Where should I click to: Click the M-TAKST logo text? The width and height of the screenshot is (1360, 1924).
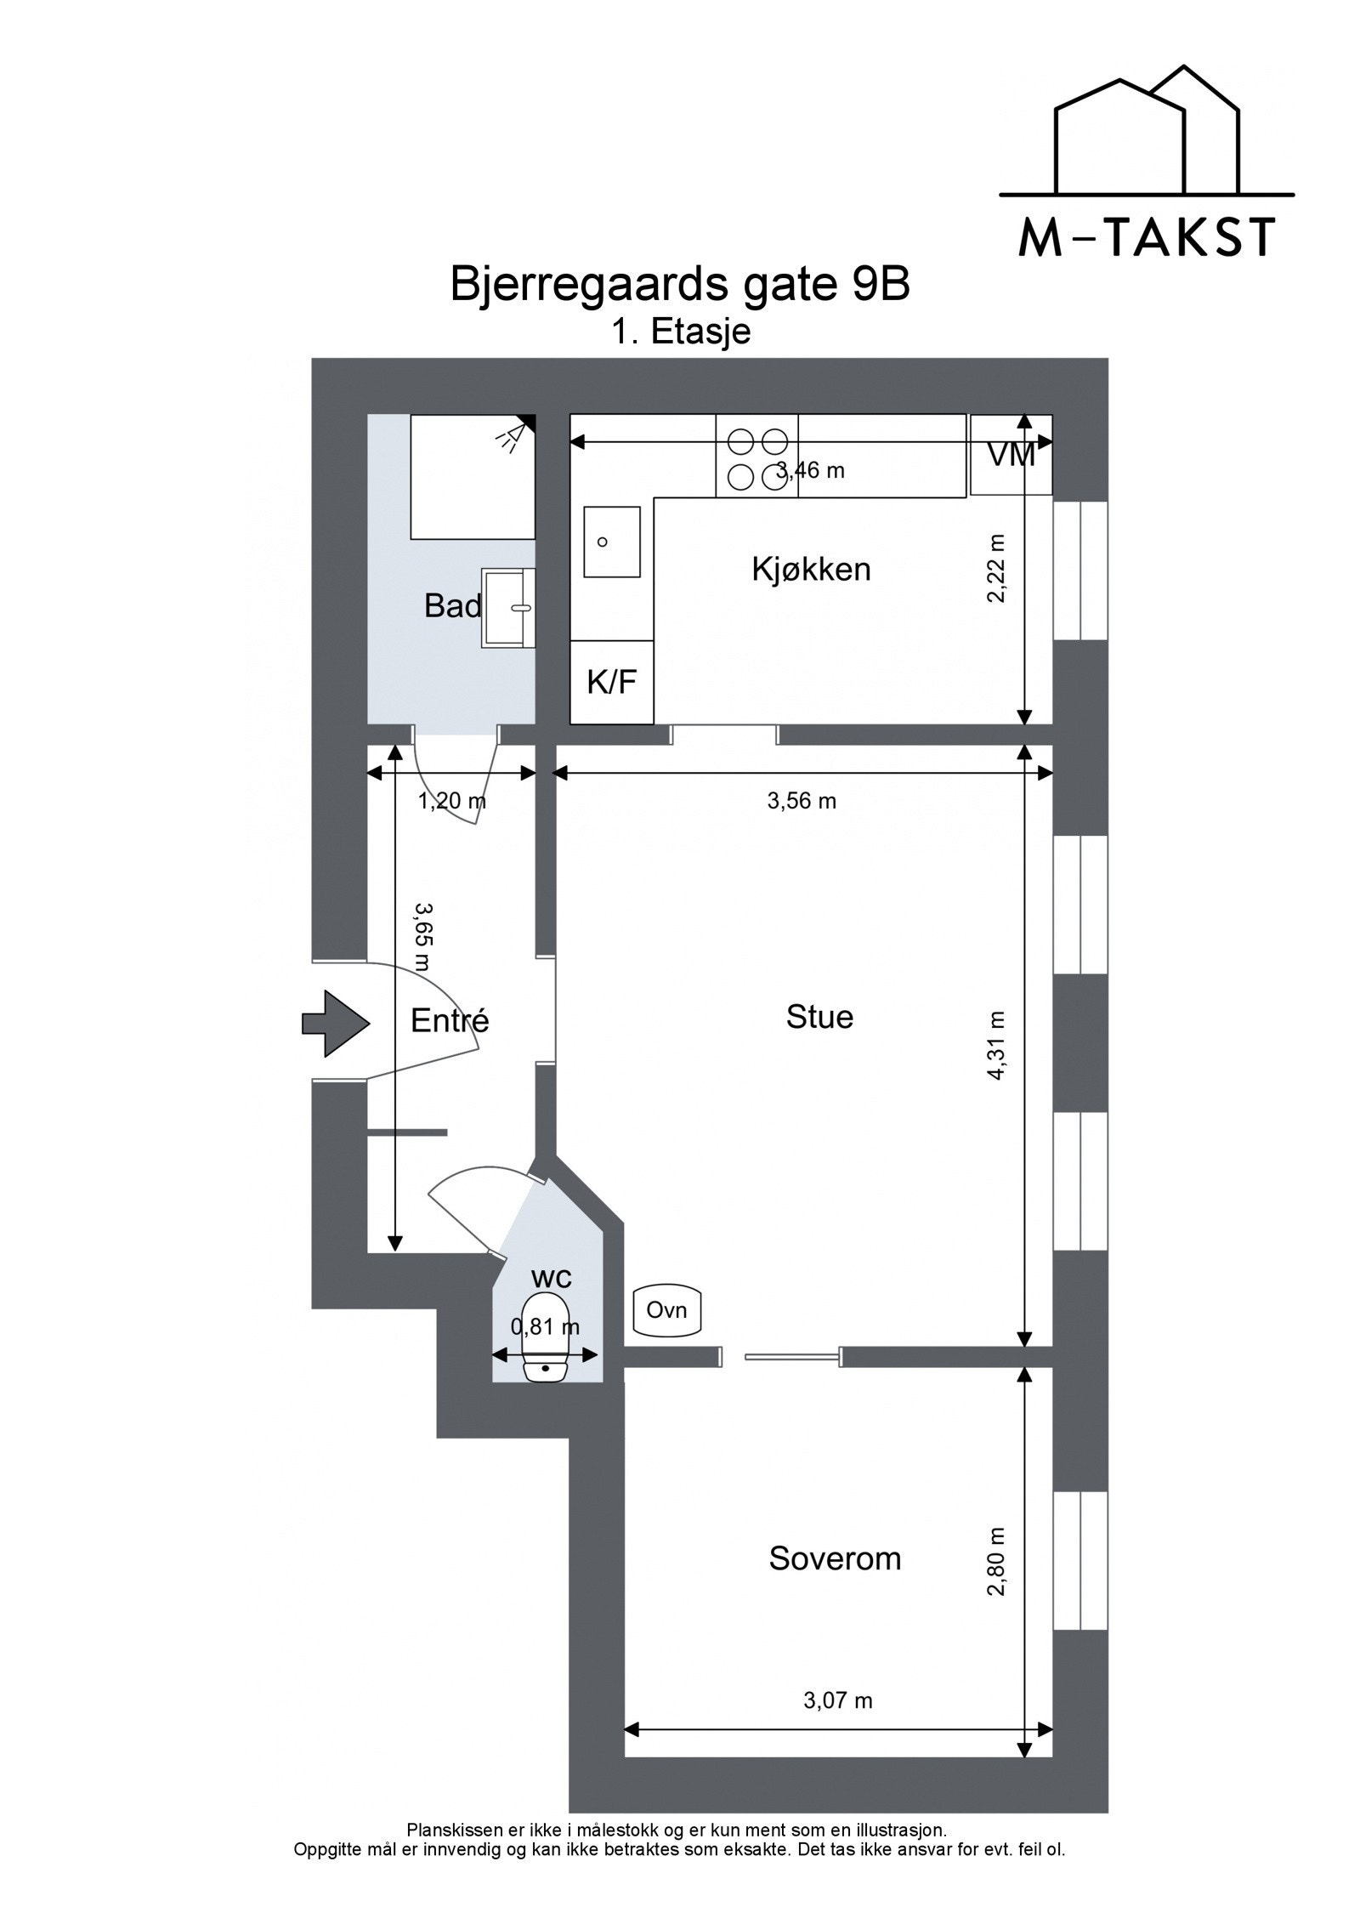pyautogui.click(x=1146, y=237)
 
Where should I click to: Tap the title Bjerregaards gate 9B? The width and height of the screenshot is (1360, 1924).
pyautogui.click(x=679, y=285)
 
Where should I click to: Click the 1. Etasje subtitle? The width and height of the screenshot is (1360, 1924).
pyautogui.click(x=681, y=332)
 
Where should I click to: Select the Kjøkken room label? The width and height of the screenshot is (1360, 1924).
pyautogui.click(x=811, y=570)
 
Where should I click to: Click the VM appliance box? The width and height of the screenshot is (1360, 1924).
pyautogui.click(x=1011, y=455)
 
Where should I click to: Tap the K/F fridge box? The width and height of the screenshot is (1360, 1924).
pyautogui.click(x=611, y=682)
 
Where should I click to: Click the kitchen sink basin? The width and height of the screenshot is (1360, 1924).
pyautogui.click(x=611, y=542)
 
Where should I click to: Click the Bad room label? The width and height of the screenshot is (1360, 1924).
pyautogui.click(x=452, y=606)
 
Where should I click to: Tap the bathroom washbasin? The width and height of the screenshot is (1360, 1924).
pyautogui.click(x=508, y=608)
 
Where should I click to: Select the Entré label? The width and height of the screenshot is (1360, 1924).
pyautogui.click(x=450, y=1020)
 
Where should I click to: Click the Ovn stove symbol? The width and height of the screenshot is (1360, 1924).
pyautogui.click(x=667, y=1310)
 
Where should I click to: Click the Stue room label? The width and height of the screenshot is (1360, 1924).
pyautogui.click(x=819, y=1017)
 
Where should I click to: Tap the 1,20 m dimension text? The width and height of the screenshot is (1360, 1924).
pyautogui.click(x=451, y=800)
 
